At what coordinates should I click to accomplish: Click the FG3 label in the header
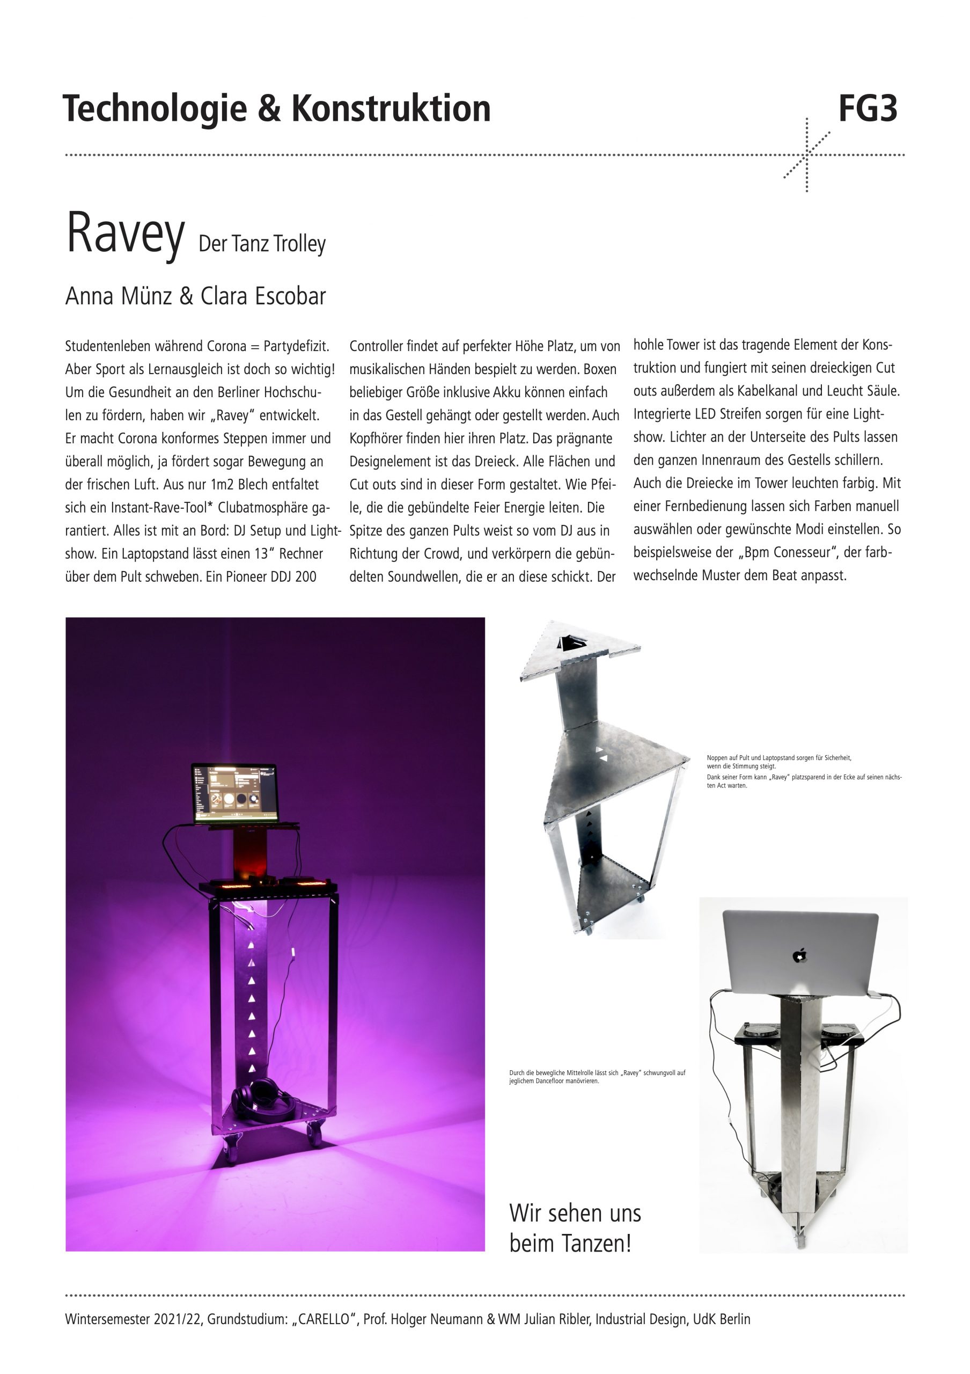pos(867,109)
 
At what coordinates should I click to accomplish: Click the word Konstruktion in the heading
pos(391,109)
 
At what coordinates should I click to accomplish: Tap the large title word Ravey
pos(125,233)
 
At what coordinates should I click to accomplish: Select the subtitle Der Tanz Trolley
pos(262,244)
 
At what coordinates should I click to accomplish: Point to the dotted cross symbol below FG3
pos(807,155)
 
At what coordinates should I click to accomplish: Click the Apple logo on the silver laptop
pos(799,956)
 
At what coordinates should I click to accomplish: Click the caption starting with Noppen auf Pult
pos(778,762)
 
